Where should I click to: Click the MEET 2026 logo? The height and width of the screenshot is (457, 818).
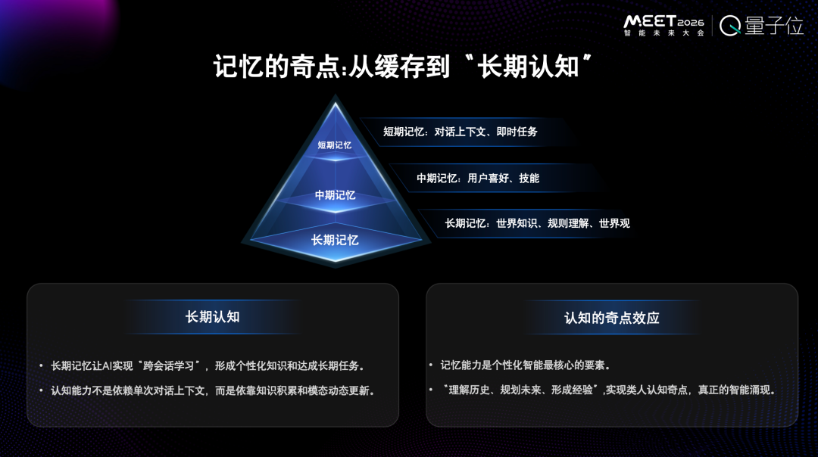point(663,25)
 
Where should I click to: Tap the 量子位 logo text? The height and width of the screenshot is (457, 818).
point(774,26)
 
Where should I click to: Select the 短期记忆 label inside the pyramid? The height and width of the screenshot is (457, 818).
point(335,145)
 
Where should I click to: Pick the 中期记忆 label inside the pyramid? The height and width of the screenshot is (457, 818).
point(335,195)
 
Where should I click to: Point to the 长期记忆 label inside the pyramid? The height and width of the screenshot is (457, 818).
point(335,240)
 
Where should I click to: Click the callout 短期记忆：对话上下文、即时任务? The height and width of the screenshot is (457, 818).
point(461,132)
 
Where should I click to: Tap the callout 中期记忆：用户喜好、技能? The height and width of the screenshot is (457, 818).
point(478,179)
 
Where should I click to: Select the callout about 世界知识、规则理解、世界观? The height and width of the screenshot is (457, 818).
point(537,223)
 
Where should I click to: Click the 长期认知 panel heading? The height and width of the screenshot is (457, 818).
point(212,317)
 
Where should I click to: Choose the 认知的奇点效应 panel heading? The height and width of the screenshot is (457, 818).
point(612,318)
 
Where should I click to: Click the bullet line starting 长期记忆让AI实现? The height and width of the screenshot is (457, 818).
point(207,365)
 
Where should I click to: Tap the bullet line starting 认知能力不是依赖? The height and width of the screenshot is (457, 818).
point(212,390)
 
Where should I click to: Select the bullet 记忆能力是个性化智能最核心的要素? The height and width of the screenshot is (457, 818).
point(526,365)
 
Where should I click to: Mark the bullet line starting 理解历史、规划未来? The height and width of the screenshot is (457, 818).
point(608,390)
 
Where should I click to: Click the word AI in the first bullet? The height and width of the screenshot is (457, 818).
point(107,365)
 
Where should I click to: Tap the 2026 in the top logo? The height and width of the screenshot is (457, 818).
point(691,23)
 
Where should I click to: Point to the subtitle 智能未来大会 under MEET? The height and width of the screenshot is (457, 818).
point(663,33)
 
